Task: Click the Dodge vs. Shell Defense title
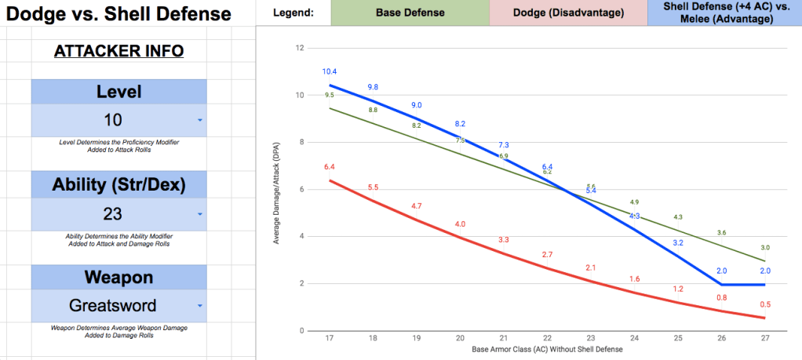click(118, 14)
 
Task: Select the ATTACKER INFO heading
click(118, 51)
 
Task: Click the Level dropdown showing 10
click(118, 120)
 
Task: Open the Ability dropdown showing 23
click(118, 213)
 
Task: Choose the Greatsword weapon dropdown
click(118, 306)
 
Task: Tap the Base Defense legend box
click(410, 13)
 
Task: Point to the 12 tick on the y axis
click(299, 48)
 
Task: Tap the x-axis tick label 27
click(764, 339)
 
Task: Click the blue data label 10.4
click(330, 71)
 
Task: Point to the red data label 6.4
click(330, 167)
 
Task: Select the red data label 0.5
click(764, 304)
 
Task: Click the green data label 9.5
click(330, 95)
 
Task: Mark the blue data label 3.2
click(677, 243)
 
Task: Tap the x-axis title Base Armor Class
click(546, 349)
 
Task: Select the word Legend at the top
click(293, 13)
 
